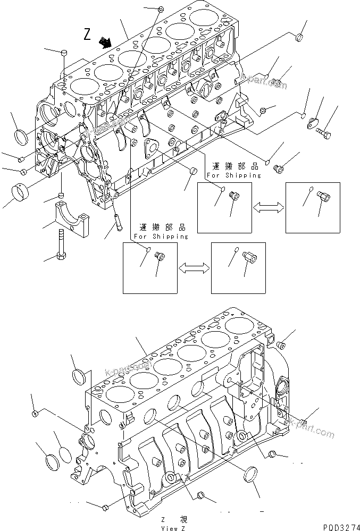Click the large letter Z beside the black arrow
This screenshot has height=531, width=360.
point(88,35)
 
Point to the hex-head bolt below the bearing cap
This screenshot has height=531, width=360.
point(61,244)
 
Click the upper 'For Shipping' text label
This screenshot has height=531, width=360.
point(235,175)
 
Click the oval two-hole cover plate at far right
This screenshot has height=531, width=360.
point(312,123)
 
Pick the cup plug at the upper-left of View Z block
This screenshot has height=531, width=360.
point(80,377)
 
